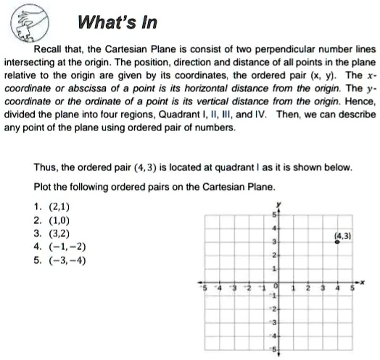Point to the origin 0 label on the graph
click(275, 287)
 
